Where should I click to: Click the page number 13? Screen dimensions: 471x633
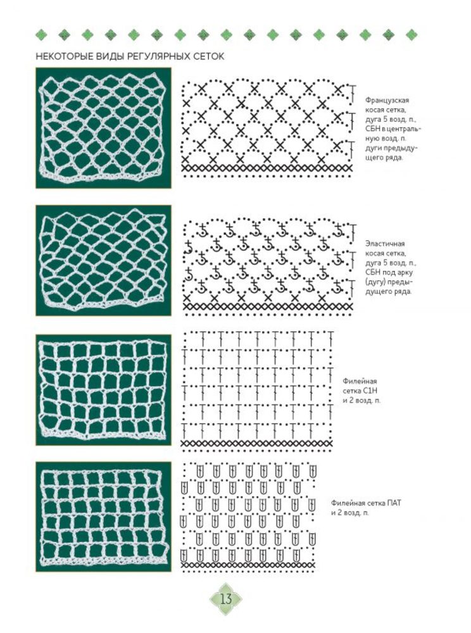click(226, 599)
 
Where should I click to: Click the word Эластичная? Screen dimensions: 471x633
click(385, 244)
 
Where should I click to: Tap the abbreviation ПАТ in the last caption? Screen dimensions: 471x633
click(394, 503)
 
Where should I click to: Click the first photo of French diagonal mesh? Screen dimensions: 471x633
click(103, 128)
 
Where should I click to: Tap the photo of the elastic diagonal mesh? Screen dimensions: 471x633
click(103, 260)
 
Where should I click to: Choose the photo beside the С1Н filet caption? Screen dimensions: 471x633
click(103, 389)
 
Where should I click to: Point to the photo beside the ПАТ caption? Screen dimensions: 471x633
click(103, 517)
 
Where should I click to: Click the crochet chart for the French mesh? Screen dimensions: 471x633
click(268, 128)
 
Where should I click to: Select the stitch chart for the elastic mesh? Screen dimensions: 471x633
click(268, 266)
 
